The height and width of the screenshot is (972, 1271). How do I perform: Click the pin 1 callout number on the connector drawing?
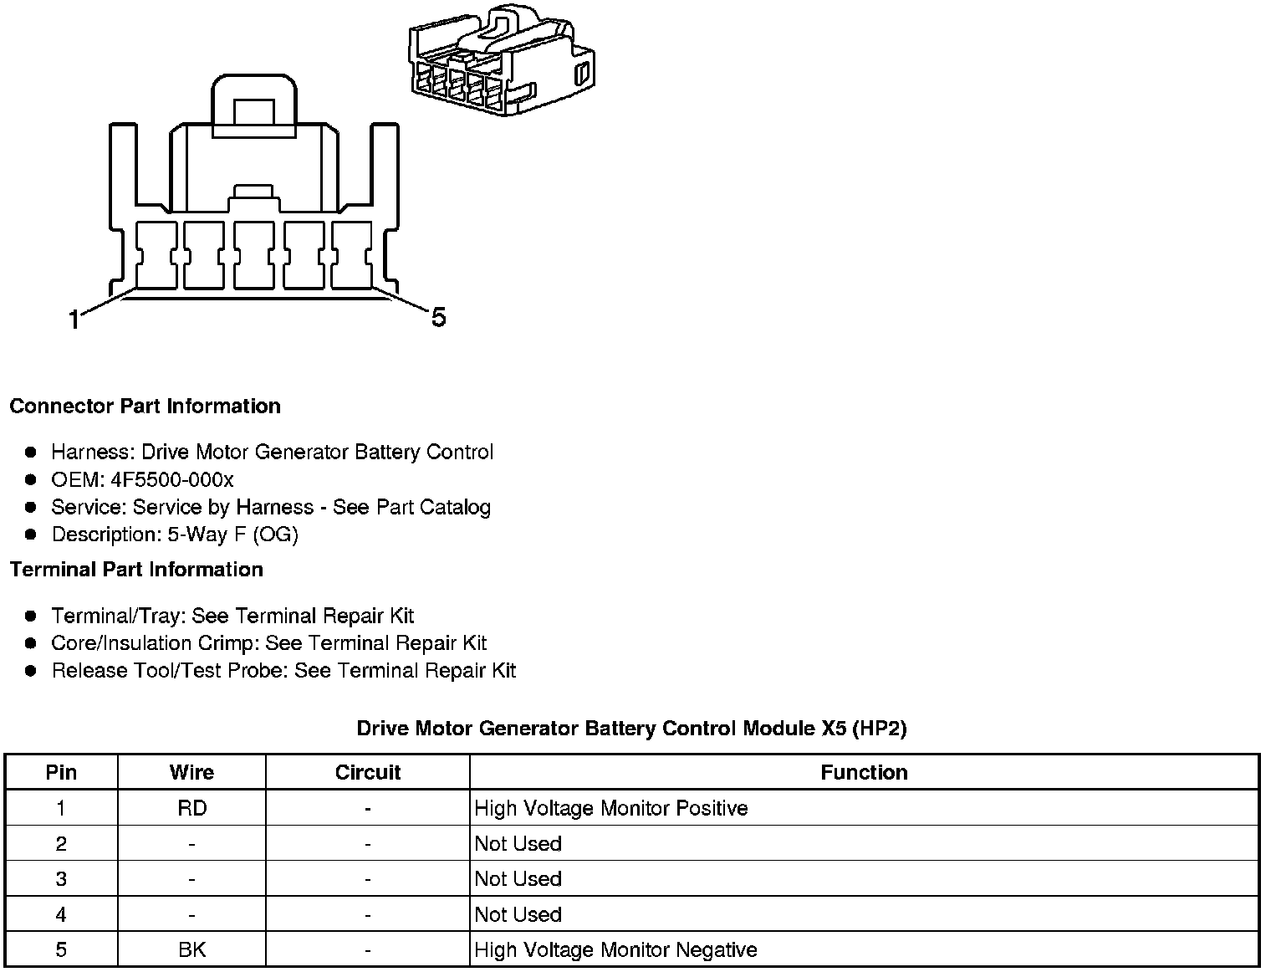74,320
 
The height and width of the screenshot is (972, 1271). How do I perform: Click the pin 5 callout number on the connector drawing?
438,318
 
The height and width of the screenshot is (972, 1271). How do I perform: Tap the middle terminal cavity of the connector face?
253,255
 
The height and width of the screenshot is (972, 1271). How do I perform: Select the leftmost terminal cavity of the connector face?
155,255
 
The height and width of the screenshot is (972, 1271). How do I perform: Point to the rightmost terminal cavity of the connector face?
352,255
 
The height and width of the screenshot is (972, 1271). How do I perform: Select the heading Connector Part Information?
145,407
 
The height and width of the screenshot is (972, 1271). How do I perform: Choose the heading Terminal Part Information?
136,570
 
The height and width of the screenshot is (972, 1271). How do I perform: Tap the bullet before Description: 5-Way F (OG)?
31,534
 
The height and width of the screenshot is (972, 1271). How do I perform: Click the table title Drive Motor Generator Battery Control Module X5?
631,729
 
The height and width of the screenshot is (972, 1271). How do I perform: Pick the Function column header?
864,772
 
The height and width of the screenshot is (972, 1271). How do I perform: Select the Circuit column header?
367,772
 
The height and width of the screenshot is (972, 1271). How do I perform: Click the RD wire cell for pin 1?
191,808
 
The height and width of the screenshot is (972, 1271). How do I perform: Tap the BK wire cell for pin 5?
191,950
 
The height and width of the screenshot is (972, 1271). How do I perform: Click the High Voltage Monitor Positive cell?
610,808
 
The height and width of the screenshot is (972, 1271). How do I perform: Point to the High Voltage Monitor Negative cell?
615,950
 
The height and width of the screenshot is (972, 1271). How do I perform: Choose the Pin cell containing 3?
61,879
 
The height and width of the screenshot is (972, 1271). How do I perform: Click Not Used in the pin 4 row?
518,915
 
